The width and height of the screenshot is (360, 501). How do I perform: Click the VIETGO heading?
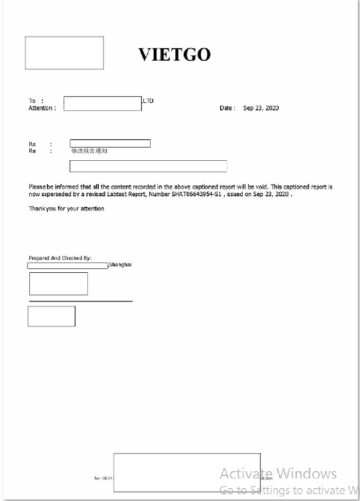(174, 54)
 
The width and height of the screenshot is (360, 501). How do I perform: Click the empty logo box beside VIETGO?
(64, 53)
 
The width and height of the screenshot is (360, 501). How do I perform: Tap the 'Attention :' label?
(42, 108)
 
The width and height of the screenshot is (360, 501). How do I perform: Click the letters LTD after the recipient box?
(148, 101)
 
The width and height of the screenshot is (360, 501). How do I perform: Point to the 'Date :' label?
(227, 108)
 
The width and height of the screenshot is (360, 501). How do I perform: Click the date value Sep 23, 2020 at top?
(261, 108)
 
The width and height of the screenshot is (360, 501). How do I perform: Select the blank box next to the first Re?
(110, 143)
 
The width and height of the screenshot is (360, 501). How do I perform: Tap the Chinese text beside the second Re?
(89, 151)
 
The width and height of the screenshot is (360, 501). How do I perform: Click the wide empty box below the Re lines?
(148, 166)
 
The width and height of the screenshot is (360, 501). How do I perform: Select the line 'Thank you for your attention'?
(66, 209)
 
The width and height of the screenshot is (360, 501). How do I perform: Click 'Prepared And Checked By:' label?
(60, 258)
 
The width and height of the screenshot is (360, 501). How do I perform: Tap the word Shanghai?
(120, 265)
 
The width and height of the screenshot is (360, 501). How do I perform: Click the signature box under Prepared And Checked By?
(59, 284)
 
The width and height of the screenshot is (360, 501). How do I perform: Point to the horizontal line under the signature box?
(81, 301)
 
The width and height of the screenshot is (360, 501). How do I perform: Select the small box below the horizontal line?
(51, 316)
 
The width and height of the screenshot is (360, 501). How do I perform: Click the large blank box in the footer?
(187, 472)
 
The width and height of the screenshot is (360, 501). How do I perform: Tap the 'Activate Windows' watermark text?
(278, 473)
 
